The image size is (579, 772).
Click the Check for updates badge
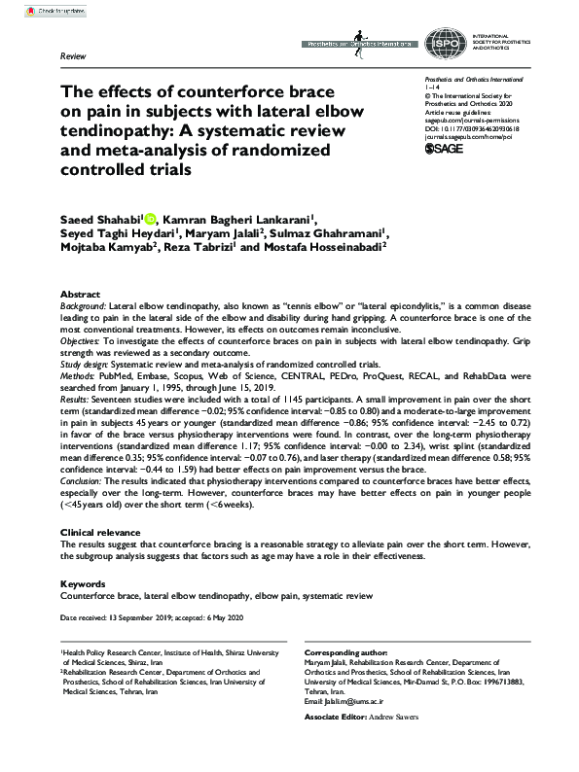[x=36, y=9]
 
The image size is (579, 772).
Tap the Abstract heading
[x=80, y=294]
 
